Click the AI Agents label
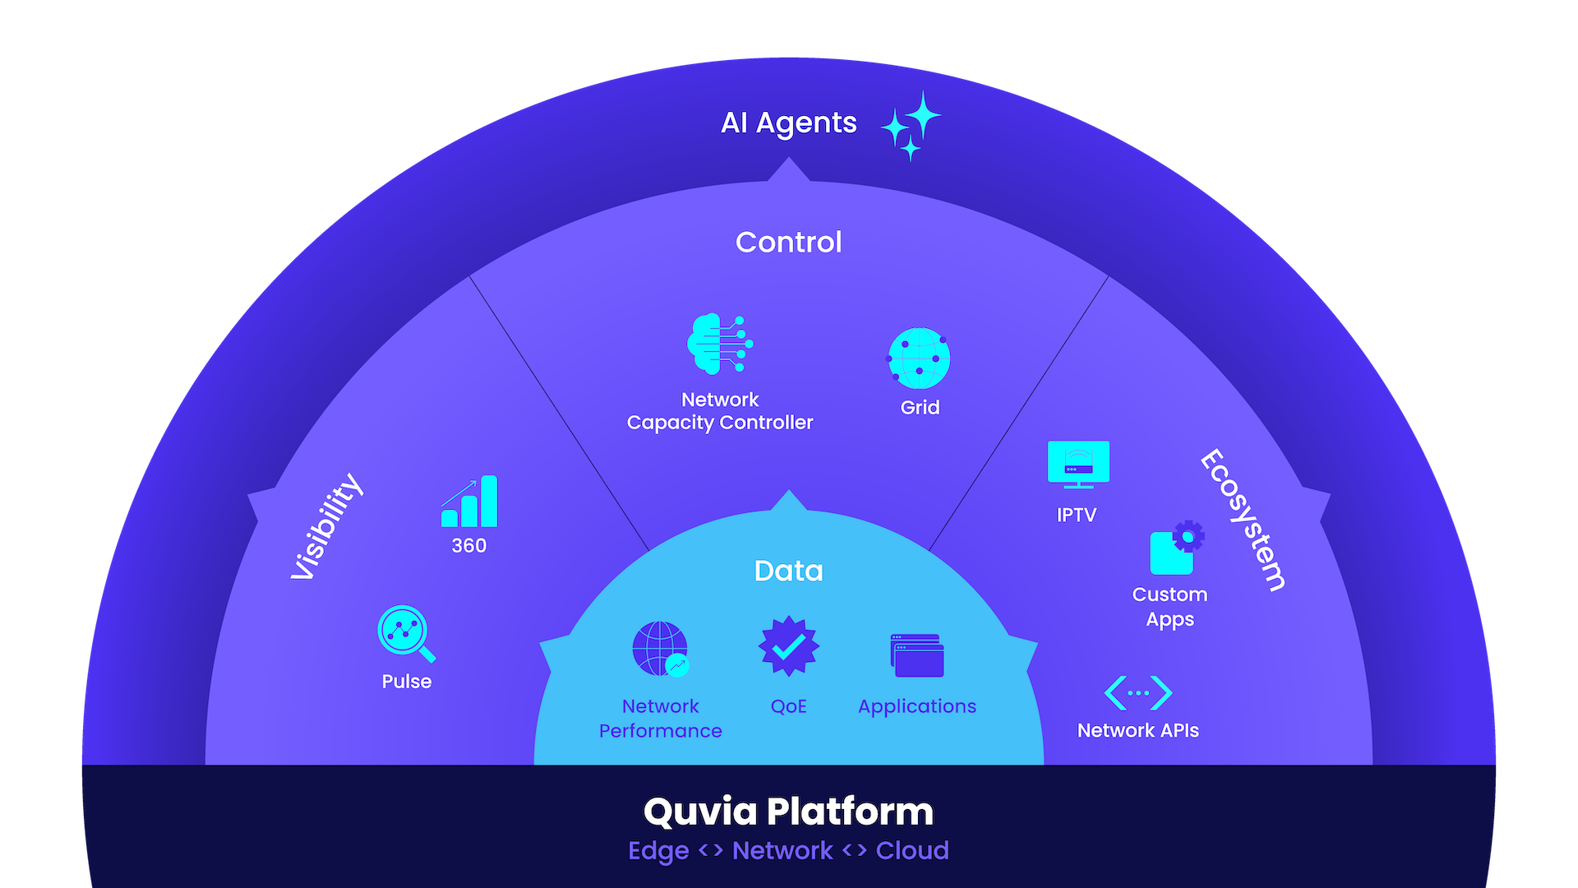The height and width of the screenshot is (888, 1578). pos(788,123)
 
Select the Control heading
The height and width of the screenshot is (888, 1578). pos(788,243)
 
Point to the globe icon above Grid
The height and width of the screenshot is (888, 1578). pos(919,358)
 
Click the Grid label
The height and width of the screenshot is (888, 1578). pos(920,408)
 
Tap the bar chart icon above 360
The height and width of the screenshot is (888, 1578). pos(469,502)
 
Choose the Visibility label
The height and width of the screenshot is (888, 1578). pos(326,527)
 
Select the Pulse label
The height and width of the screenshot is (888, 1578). pos(406,682)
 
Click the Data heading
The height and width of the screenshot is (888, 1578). pos(788,571)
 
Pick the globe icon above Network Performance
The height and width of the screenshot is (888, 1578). pos(660,649)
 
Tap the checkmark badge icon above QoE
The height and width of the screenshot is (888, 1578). pos(788,647)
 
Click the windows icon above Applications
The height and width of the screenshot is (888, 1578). pos(916,655)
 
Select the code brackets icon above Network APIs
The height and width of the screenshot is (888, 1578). pos(1138,693)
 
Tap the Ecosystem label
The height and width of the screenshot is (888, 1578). pos(1243,520)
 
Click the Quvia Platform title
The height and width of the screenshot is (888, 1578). pos(788,812)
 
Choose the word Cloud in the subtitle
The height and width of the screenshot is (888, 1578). pos(912,851)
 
